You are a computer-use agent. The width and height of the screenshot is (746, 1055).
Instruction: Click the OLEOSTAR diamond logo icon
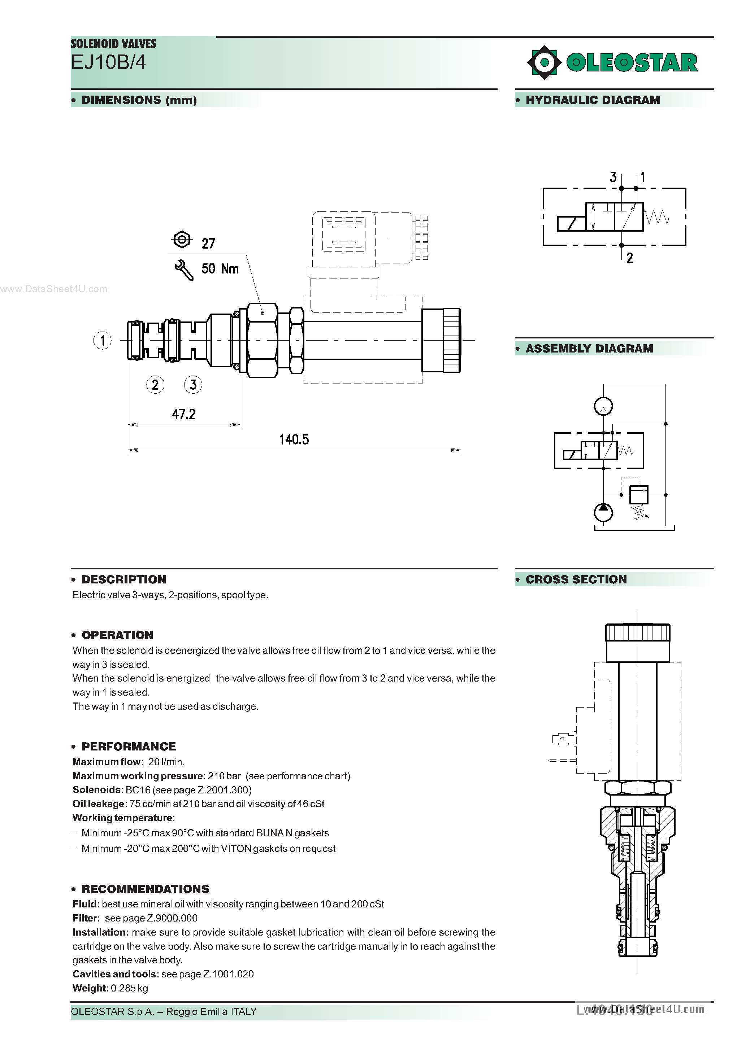545,62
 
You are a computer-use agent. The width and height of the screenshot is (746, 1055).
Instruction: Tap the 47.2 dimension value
183,415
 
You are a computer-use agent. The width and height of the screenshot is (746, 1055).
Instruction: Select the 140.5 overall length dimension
294,440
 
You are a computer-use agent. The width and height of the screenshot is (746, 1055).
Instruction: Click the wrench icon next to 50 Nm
184,270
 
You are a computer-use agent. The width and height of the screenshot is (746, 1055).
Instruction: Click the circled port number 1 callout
102,341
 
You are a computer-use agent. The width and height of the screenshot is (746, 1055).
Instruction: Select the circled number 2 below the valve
155,385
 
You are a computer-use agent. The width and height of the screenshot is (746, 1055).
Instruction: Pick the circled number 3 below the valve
193,385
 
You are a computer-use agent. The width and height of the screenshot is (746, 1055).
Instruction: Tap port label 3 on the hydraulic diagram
613,178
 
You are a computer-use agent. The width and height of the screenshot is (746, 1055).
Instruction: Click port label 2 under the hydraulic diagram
630,258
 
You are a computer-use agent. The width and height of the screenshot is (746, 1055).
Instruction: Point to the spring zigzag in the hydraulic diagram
656,217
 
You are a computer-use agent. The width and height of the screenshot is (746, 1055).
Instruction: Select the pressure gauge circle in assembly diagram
603,406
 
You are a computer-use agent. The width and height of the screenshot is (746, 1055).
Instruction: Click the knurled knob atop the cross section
637,633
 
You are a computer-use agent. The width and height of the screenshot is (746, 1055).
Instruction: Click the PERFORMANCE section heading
129,746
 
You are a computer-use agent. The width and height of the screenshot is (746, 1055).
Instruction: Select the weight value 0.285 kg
129,988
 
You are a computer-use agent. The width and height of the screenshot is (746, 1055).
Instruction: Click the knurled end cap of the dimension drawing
452,341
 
